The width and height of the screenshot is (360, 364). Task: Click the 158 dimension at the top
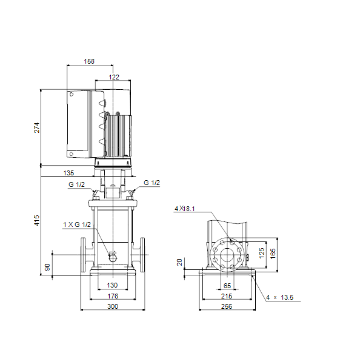pos(89,61)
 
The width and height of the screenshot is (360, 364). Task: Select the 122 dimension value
pos(114,77)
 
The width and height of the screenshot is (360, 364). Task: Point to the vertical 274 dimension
pos(37,127)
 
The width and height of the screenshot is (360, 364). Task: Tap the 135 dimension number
pos(68,173)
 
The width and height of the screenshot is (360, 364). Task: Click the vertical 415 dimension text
pos(37,220)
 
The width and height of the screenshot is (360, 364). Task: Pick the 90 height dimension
pos(47,267)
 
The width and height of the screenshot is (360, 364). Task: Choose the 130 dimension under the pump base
pos(112,285)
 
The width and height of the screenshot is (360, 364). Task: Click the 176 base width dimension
pos(113,296)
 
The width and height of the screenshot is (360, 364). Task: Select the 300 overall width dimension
pos(113,306)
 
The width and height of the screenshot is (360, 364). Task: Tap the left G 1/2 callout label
pos(76,184)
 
